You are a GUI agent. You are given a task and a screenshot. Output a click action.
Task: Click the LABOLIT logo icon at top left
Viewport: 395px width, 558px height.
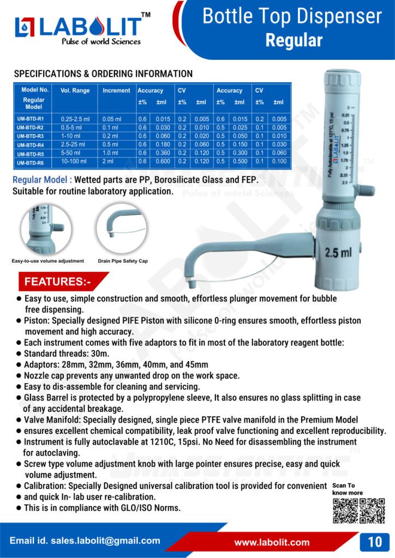(25, 27)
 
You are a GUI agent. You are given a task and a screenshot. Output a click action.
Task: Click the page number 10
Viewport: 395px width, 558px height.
(375, 542)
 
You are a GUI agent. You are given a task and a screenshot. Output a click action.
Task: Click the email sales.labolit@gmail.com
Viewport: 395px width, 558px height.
(85, 541)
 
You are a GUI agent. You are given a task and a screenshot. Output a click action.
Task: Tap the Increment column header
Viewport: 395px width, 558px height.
(116, 90)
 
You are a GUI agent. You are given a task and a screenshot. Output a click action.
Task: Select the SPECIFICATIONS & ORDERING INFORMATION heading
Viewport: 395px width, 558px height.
(103, 74)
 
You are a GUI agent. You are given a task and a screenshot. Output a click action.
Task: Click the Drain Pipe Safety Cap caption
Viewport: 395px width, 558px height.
(123, 261)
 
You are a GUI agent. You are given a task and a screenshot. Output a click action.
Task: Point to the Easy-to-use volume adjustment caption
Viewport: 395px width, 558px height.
(48, 261)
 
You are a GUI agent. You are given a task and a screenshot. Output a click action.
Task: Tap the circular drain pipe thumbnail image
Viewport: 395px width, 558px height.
(121, 228)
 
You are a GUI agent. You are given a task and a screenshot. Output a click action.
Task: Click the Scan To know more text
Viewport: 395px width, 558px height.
(348, 489)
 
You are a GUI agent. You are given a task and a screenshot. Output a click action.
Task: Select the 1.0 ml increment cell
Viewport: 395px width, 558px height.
(114, 153)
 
